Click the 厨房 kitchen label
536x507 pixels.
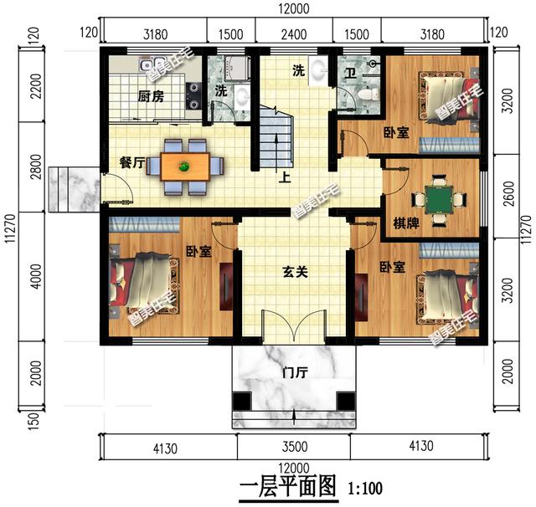(151, 96)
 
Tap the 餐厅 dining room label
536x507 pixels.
(132, 162)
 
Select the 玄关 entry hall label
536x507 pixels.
(296, 272)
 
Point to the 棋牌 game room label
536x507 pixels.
(406, 223)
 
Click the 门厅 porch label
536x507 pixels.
(296, 372)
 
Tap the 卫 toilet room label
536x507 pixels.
(349, 74)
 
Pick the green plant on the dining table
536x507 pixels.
(185, 166)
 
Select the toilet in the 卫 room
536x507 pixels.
(368, 94)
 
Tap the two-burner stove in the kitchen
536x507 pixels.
(193, 96)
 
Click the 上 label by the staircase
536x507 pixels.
(285, 177)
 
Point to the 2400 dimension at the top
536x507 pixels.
(294, 34)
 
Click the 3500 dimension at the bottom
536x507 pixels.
(294, 447)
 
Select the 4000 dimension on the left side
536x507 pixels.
(36, 276)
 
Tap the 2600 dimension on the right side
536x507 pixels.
(509, 193)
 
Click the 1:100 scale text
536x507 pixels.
(365, 489)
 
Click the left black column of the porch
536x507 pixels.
(242, 401)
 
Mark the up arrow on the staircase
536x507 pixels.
(276, 152)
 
